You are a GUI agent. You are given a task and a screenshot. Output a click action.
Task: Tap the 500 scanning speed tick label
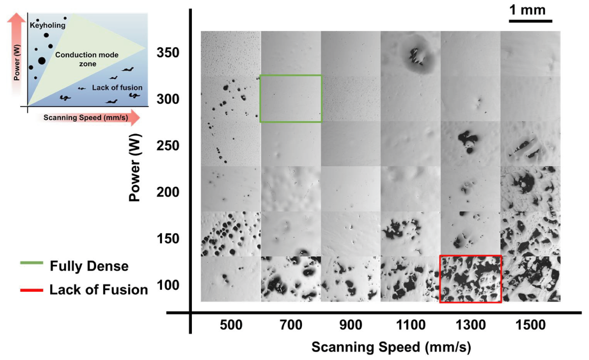click(231, 325)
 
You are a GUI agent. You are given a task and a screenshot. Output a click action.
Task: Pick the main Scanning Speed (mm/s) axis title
click(391, 347)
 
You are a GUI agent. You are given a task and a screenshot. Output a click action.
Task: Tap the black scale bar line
click(531, 21)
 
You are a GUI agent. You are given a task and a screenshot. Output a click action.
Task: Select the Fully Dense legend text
click(89, 267)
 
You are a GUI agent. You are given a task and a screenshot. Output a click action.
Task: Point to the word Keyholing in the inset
click(44, 24)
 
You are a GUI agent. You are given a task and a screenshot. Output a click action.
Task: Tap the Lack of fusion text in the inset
click(110, 87)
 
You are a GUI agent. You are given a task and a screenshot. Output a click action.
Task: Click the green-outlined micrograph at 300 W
click(291, 98)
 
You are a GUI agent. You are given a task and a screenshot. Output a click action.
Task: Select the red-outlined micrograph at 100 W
click(471, 279)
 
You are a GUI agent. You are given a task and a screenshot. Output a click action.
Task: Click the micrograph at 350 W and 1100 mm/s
click(411, 54)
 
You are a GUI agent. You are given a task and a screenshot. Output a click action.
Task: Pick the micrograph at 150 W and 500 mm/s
click(231, 234)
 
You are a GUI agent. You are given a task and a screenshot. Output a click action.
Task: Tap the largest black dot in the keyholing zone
click(41, 61)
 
